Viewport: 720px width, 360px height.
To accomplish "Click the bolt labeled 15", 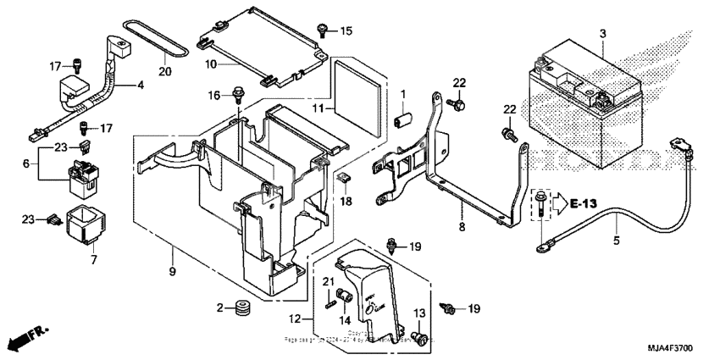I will coord(324,30).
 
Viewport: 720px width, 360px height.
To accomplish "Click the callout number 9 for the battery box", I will coord(171,273).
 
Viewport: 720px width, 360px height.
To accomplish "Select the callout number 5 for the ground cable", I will coord(616,241).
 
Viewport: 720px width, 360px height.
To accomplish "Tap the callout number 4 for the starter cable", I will coord(141,85).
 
